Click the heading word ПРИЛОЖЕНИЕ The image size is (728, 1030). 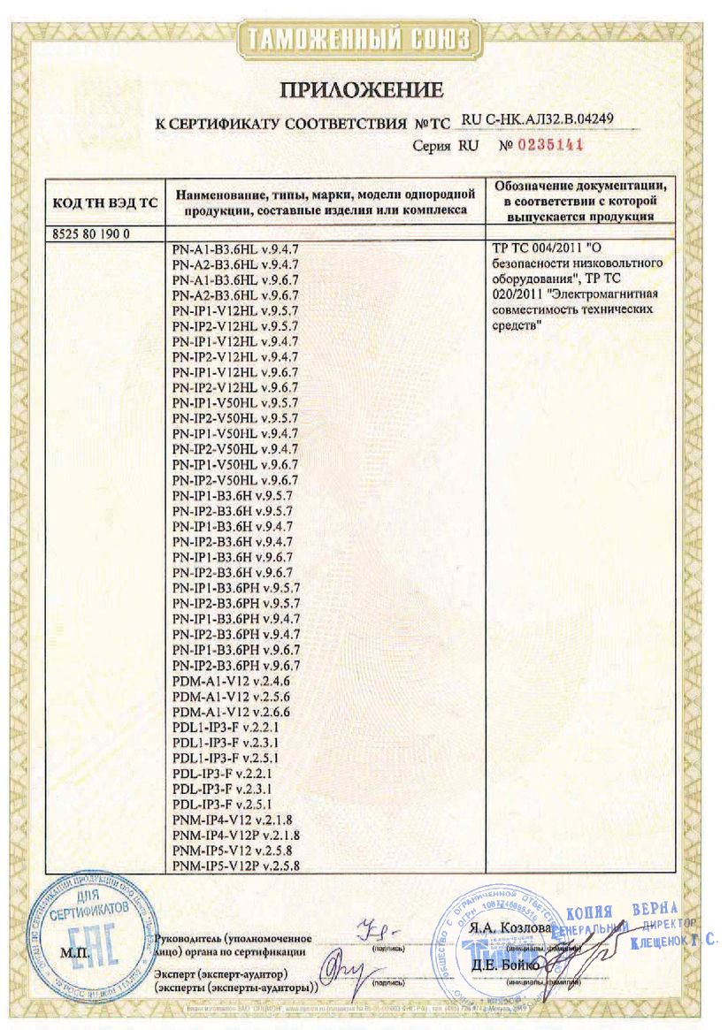click(x=361, y=89)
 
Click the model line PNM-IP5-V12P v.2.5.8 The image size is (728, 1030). click(x=236, y=867)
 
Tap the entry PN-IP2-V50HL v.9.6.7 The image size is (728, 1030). click(x=235, y=479)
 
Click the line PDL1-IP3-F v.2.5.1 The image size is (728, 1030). click(x=225, y=759)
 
